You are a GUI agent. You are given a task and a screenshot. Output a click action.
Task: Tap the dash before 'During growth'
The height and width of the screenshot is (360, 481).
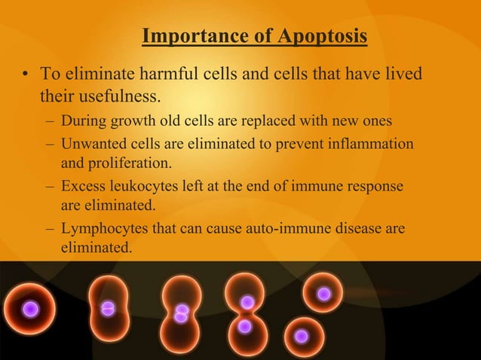click(x=49, y=121)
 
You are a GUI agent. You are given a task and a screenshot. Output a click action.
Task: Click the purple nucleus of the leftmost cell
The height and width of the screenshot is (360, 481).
click(x=30, y=309)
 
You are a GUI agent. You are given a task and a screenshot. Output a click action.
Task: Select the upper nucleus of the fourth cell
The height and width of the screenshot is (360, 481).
click(x=247, y=302)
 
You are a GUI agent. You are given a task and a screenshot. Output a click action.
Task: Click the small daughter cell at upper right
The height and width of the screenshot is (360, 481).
click(x=323, y=294)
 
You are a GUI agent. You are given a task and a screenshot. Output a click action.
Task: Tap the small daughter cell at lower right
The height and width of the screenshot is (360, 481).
click(x=302, y=336)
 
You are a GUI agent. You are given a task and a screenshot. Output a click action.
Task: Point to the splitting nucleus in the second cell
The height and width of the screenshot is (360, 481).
click(x=108, y=308)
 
